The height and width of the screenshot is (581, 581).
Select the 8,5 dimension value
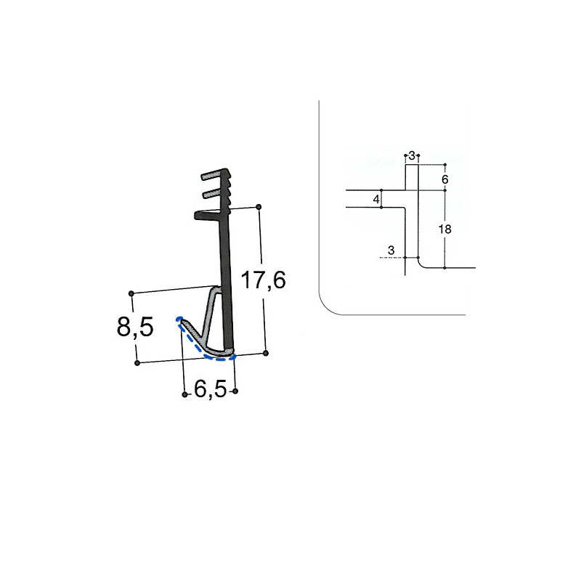(135, 328)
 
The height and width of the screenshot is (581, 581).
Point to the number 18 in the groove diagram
(445, 229)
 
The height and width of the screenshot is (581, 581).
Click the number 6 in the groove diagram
(445, 179)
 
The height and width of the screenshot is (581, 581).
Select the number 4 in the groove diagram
(375, 199)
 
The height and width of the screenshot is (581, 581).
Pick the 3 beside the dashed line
(391, 251)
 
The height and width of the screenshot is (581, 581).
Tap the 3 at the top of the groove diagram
(412, 156)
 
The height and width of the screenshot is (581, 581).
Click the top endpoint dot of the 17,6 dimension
(259, 207)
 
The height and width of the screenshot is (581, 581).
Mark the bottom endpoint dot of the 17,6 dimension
(266, 353)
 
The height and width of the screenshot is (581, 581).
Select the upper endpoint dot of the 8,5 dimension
(131, 293)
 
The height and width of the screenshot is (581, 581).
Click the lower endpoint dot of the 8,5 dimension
(137, 362)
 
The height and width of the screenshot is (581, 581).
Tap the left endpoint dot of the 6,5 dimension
(184, 394)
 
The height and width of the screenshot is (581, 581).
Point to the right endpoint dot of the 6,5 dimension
(236, 392)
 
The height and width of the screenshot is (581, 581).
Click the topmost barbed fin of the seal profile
(215, 176)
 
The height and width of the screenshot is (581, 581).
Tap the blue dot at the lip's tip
(179, 319)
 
